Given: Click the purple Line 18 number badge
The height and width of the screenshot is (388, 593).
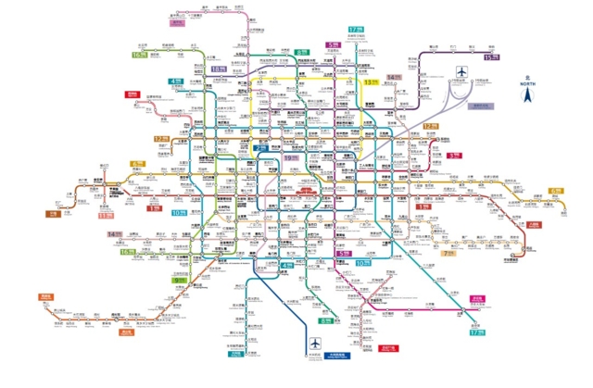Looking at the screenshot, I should tap(218, 69).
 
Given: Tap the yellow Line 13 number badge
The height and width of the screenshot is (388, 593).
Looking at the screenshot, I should tap(372, 81).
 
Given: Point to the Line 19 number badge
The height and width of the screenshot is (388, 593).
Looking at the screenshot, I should tap(293, 158).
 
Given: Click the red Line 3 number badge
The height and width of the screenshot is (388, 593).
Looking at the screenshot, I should tap(454, 156).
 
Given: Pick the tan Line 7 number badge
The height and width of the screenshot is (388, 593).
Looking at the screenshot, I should tap(448, 252).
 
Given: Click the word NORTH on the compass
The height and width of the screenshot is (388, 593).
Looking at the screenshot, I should tap(527, 84).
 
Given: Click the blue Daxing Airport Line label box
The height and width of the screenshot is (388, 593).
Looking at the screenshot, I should tap(335, 355).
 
